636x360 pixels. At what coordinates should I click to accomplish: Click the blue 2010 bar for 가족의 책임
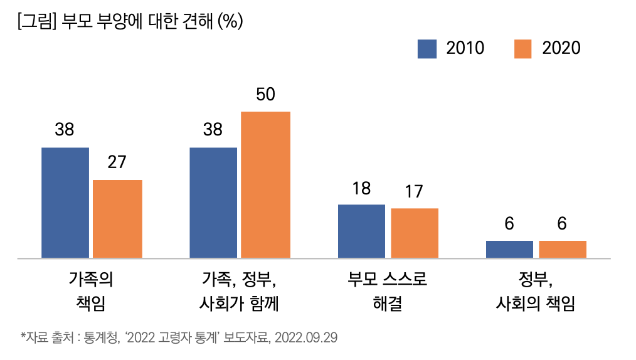(x=65, y=203)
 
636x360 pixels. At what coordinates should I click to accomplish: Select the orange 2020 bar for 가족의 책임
(x=117, y=219)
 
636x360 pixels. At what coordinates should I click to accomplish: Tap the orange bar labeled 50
(x=266, y=184)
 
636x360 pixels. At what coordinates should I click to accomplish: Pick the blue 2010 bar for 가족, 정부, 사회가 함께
(x=213, y=203)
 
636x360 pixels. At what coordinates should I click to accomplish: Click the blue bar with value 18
(x=361, y=231)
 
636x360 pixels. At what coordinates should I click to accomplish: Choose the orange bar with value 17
(x=415, y=233)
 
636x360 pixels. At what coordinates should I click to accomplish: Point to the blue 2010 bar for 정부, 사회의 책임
(x=509, y=249)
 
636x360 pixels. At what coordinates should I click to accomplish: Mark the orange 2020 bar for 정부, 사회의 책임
(x=563, y=249)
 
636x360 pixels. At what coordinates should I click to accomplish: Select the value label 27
(x=117, y=162)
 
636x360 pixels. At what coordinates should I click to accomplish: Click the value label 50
(x=266, y=94)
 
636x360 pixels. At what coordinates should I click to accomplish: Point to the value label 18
(x=361, y=188)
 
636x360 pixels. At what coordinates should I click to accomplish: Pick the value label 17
(x=414, y=191)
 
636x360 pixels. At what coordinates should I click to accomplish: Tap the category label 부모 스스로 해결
(x=388, y=291)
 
